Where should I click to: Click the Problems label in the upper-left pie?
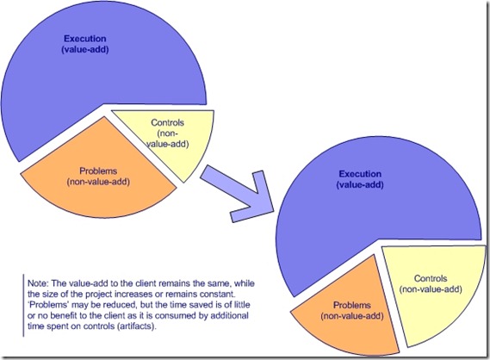(x=96, y=170)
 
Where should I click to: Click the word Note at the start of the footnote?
(x=35, y=282)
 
